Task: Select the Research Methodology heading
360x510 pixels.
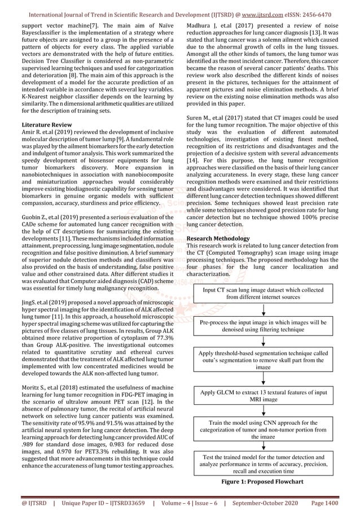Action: [x=218, y=239]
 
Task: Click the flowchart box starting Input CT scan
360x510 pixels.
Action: [x=263, y=293]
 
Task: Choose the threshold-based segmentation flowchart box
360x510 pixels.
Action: [x=263, y=359]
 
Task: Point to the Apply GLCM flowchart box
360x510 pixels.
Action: [x=263, y=395]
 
